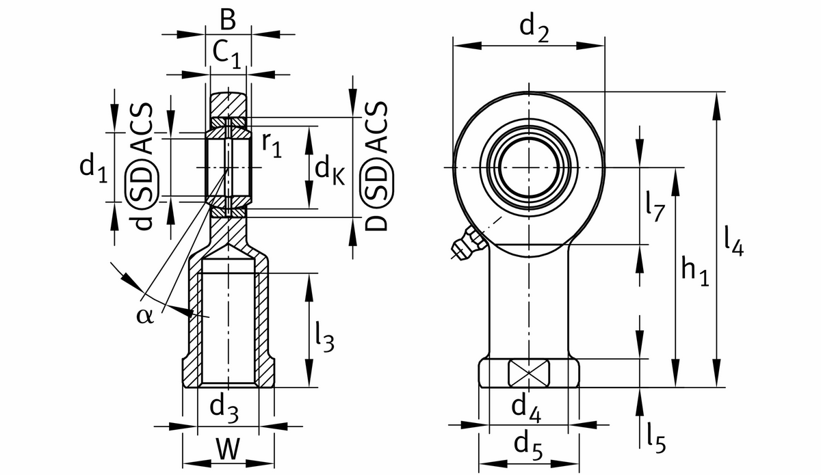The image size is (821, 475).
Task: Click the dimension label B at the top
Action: pyautogui.click(x=228, y=21)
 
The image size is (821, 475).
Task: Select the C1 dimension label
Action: pyautogui.click(x=226, y=54)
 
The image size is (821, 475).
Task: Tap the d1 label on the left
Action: pyautogui.click(x=93, y=169)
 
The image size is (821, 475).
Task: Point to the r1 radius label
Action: pyautogui.click(x=272, y=144)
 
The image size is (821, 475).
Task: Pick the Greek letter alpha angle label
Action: pyautogui.click(x=145, y=316)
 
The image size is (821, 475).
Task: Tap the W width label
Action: pyautogui.click(x=228, y=450)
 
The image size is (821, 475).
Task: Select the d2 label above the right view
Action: pyautogui.click(x=534, y=29)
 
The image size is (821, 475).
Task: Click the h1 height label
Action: pyautogui.click(x=695, y=269)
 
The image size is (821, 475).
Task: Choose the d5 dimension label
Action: pyautogui.click(x=529, y=446)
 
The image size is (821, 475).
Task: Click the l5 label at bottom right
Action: pyautogui.click(x=655, y=438)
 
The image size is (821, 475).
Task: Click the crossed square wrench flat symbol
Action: pyautogui.click(x=528, y=373)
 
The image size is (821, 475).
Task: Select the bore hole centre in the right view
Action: pyautogui.click(x=529, y=167)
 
